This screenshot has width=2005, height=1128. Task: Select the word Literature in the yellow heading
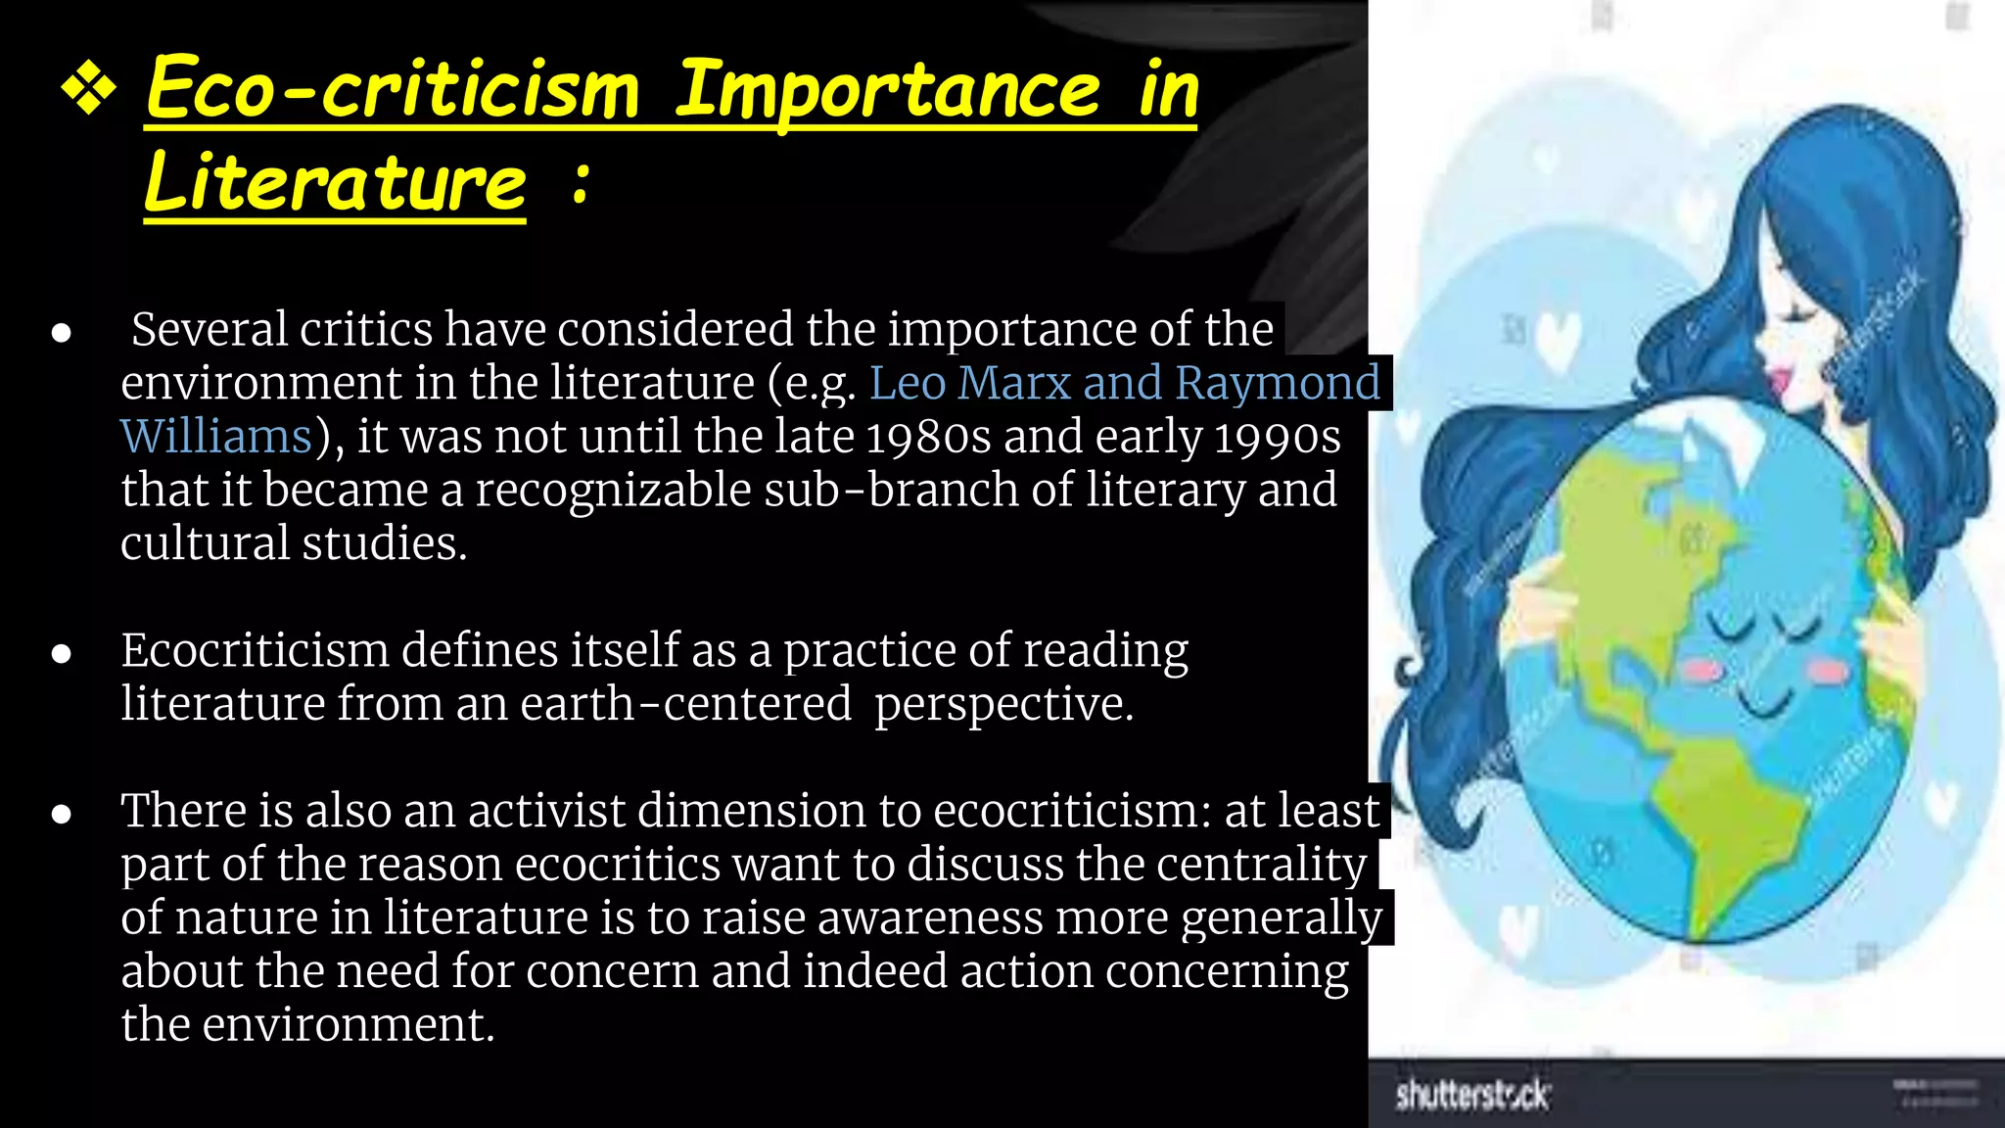(x=335, y=183)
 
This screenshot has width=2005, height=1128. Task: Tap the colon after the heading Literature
(x=581, y=183)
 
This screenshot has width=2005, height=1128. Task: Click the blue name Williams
(x=215, y=436)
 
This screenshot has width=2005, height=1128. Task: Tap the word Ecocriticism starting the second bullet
(x=255, y=650)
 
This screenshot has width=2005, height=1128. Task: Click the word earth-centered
(x=685, y=704)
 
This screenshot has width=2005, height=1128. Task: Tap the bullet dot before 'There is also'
(x=62, y=814)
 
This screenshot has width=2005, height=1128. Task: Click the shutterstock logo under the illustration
(x=1471, y=1094)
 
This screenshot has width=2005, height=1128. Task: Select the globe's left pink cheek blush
(x=1702, y=671)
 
